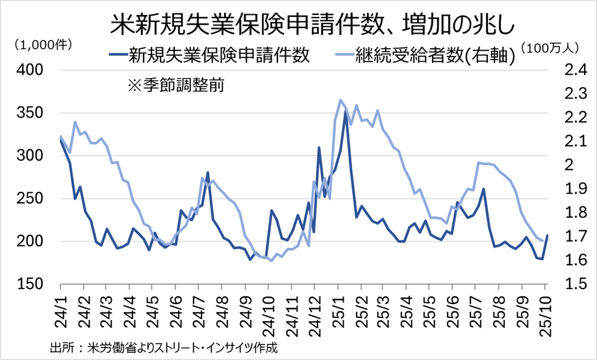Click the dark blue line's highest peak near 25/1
coord(346,112)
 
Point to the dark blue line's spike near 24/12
coord(319,148)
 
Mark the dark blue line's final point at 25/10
coord(547,235)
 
